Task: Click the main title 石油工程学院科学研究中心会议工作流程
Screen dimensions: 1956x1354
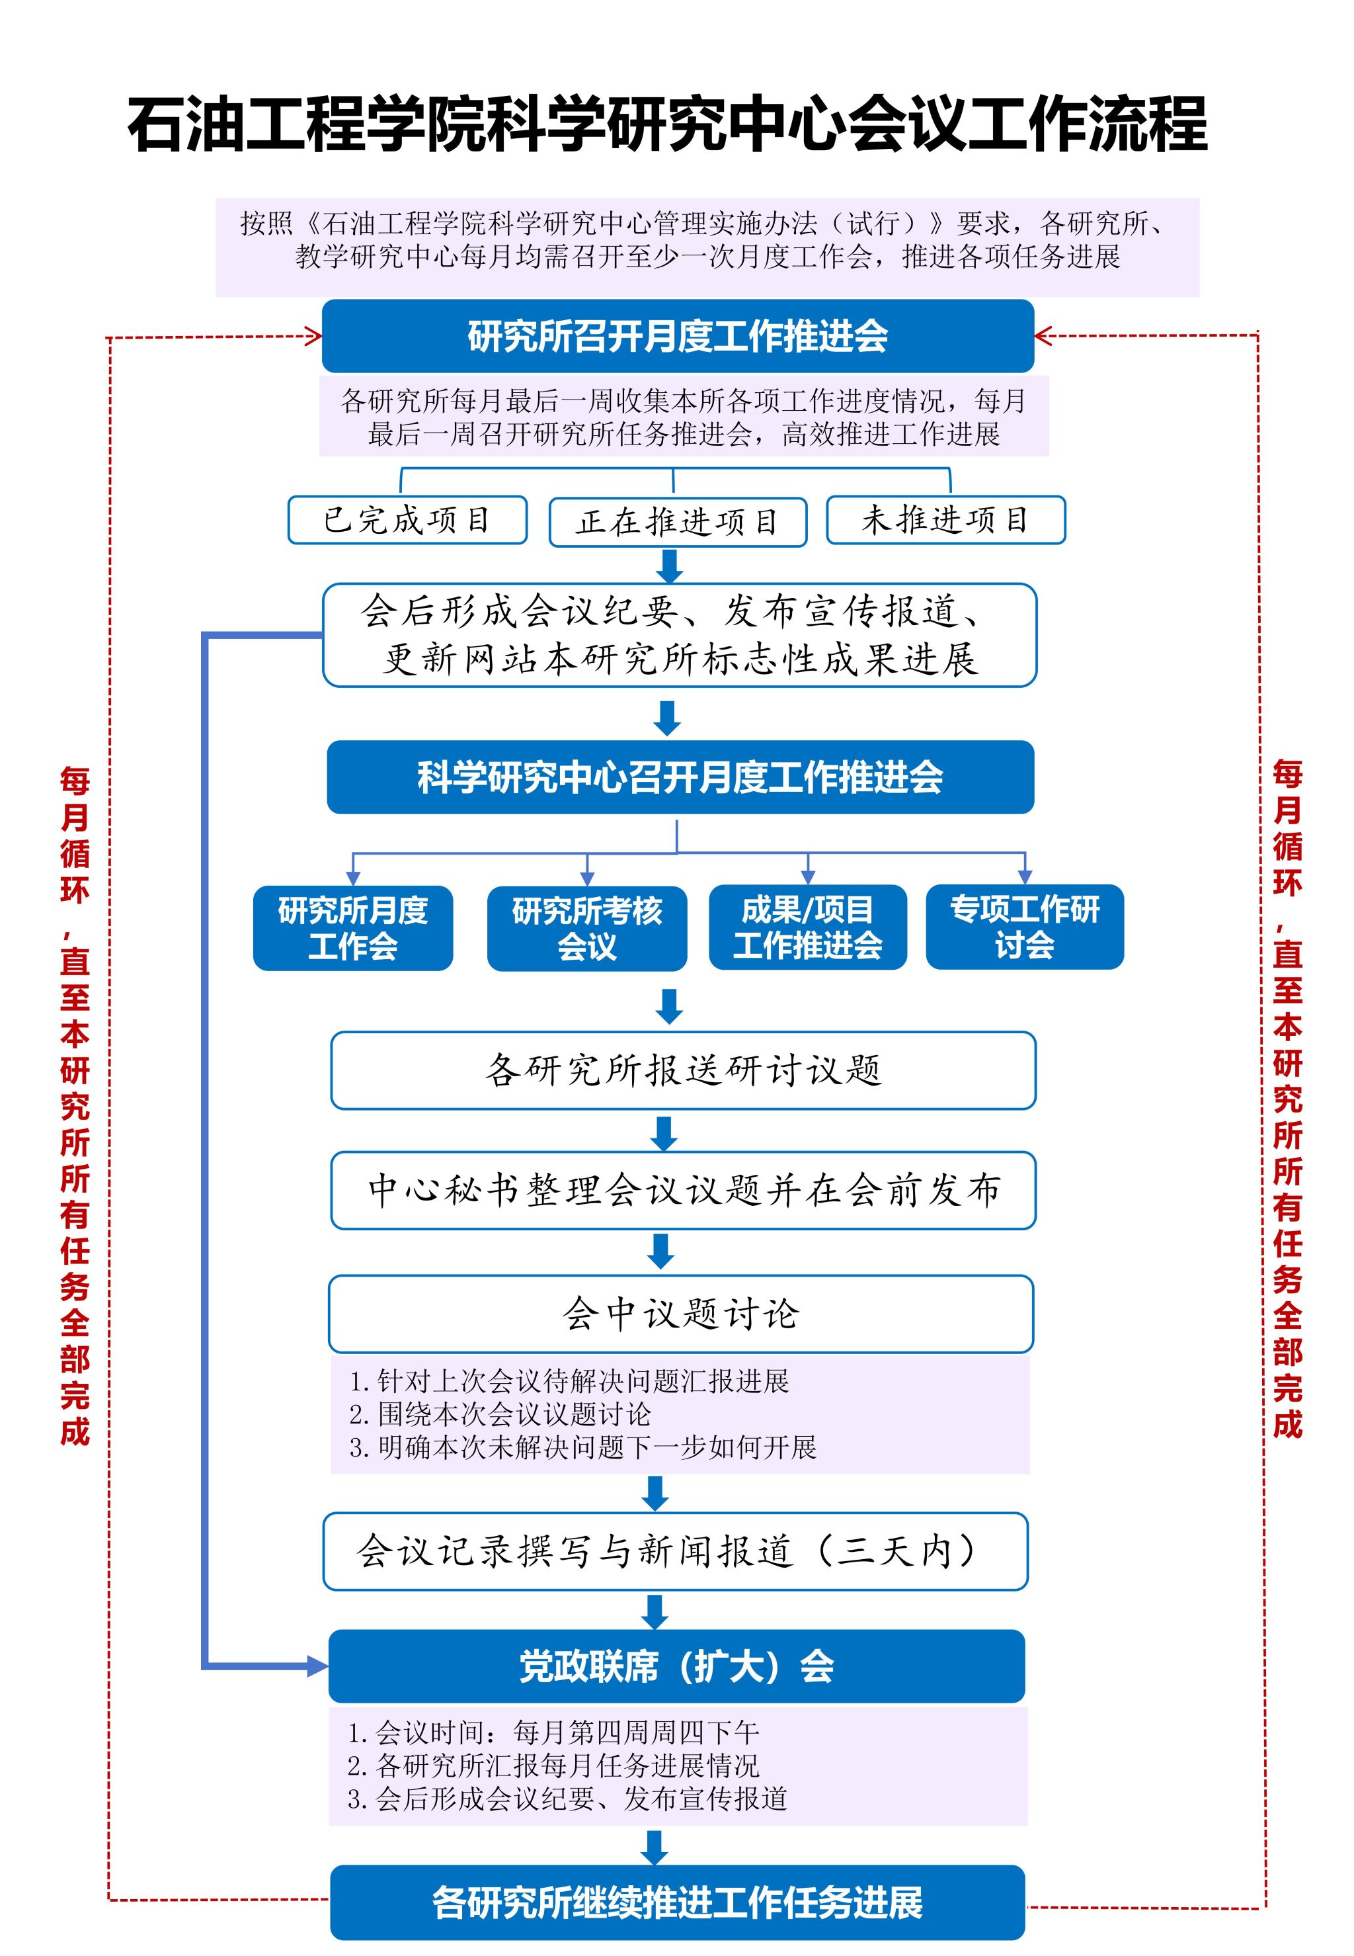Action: [668, 125]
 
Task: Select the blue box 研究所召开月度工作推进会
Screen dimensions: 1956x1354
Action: [678, 336]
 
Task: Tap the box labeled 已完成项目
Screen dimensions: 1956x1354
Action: [407, 519]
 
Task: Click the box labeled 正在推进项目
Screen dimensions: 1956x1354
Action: [677, 522]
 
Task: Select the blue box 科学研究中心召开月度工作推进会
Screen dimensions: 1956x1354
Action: [680, 777]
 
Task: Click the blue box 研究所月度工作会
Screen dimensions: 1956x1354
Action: [353, 927]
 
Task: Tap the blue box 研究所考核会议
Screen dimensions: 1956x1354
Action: [586, 927]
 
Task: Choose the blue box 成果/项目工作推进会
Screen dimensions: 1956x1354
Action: [808, 927]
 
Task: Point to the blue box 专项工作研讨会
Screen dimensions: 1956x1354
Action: [1024, 927]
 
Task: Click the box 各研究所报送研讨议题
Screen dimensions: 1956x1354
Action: [683, 1070]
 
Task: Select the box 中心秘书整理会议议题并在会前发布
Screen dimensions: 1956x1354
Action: [683, 1190]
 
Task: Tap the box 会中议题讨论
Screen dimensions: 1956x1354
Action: [680, 1314]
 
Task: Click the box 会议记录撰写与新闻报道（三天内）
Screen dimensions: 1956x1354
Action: [675, 1551]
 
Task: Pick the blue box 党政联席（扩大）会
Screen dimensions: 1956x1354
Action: [676, 1667]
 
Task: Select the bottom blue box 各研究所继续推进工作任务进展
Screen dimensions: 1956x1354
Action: [677, 1902]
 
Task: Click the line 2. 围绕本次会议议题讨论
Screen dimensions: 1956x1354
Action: [500, 1414]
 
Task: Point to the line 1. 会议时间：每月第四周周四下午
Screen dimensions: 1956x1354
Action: [553, 1732]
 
